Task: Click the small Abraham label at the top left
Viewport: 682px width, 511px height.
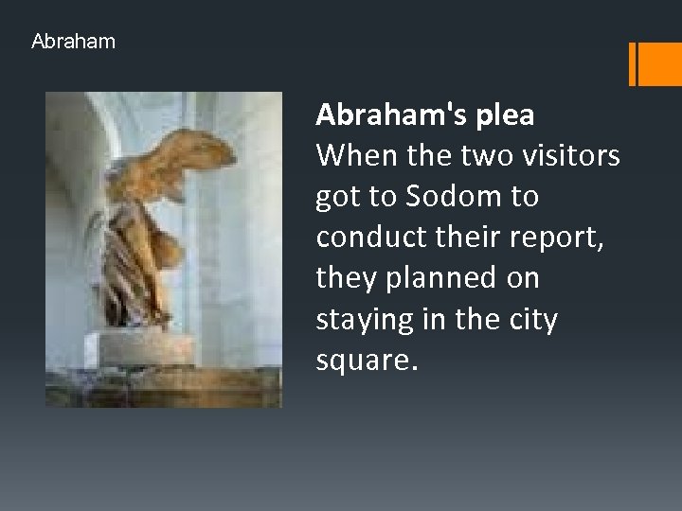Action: (x=73, y=42)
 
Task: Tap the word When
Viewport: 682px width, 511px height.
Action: (x=351, y=155)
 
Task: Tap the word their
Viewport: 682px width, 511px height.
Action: (x=459, y=237)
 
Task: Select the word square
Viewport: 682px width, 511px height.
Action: (x=364, y=361)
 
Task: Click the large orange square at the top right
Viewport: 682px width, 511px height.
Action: (x=660, y=62)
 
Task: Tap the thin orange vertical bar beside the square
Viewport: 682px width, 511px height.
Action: (x=632, y=62)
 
